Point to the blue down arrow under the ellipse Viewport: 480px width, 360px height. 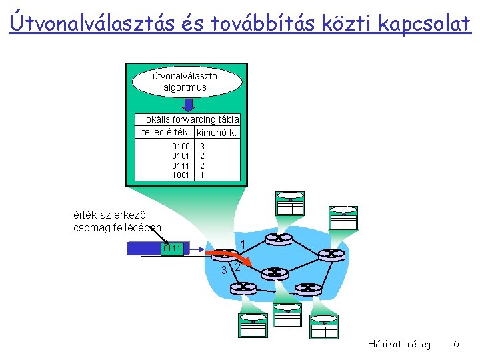coord(189,105)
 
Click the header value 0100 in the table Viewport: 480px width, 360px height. coord(181,146)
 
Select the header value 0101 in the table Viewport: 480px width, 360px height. coord(181,155)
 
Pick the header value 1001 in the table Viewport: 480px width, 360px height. coord(181,175)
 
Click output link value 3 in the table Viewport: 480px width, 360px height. coord(202,146)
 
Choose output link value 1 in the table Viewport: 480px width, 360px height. coord(202,175)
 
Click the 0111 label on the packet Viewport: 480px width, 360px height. coord(171,249)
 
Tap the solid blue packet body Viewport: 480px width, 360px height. coord(143,249)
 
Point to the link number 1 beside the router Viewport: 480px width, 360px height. coord(243,243)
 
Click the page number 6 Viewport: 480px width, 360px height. coord(456,344)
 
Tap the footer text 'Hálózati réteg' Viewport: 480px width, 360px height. coord(399,344)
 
